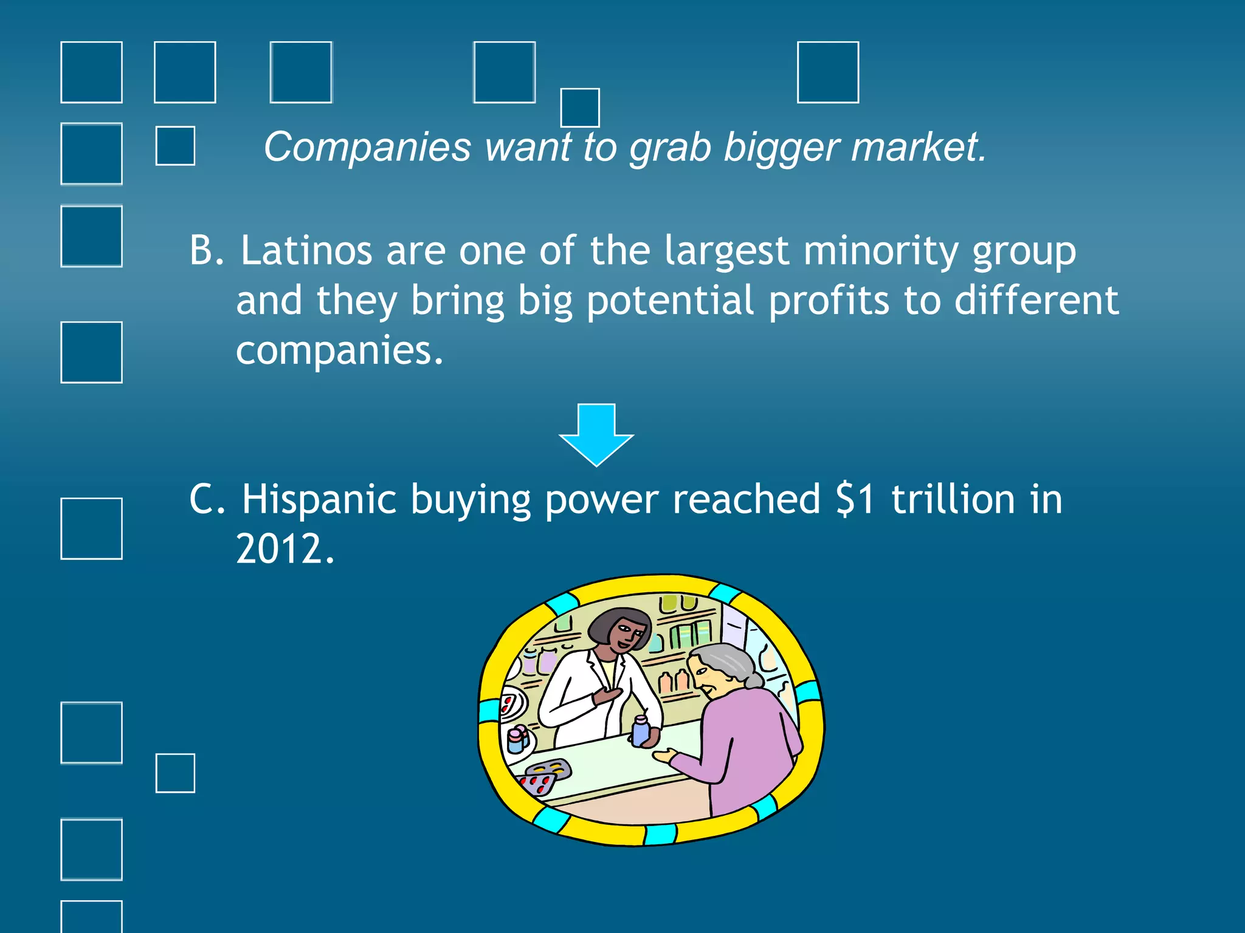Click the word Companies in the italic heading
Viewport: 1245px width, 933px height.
click(367, 148)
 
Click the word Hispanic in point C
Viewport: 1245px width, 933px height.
click(319, 500)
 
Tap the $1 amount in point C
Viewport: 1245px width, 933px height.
click(855, 500)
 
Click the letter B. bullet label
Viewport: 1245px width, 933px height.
click(206, 251)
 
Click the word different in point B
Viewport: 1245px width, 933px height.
click(1036, 301)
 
